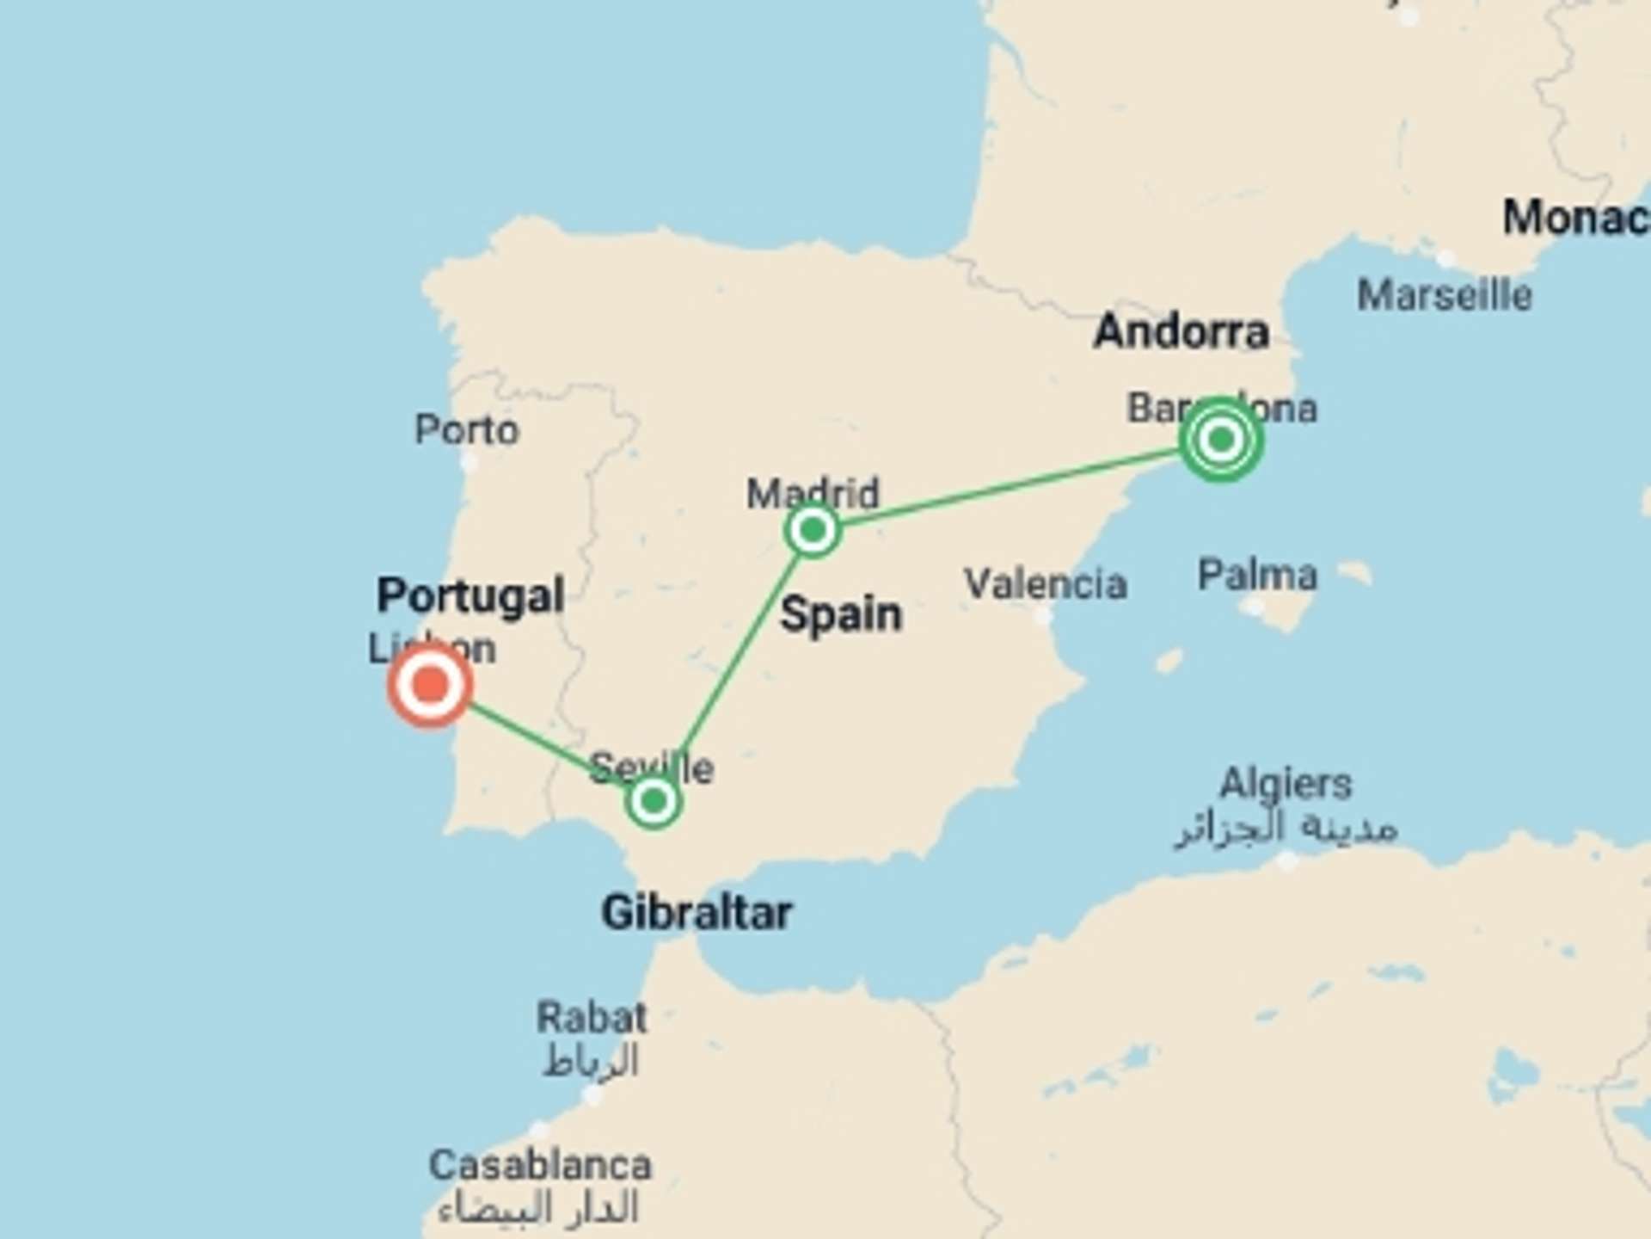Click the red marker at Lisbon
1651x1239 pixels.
(x=430, y=686)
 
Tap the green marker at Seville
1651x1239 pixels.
(x=654, y=801)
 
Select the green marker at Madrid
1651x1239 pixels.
(x=813, y=530)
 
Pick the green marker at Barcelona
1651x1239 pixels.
(x=1220, y=440)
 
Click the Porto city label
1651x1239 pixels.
(x=467, y=429)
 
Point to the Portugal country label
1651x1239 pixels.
(x=470, y=595)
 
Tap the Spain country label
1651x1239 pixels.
(x=841, y=614)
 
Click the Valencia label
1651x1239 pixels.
(x=1046, y=584)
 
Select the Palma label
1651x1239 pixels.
(x=1257, y=575)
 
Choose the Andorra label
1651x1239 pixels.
(x=1181, y=331)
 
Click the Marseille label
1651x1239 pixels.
(x=1445, y=295)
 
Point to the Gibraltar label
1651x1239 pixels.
(x=697, y=912)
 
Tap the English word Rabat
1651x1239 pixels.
(x=592, y=1018)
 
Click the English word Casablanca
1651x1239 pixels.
(x=540, y=1166)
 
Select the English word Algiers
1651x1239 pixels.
(x=1286, y=784)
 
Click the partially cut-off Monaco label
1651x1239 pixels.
(x=1575, y=218)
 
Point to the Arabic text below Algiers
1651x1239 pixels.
(x=1286, y=828)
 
